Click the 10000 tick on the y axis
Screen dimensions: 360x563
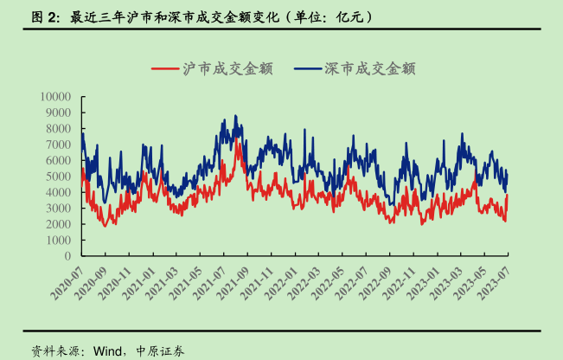pos(58,96)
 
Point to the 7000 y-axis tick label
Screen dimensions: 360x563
pos(61,145)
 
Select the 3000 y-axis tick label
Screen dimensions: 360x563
pos(61,208)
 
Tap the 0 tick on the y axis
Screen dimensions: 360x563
pos(71,256)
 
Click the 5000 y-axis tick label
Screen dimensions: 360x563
pos(61,176)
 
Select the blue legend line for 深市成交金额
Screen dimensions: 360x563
pos(307,68)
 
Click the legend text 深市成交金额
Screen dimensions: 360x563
pos(370,68)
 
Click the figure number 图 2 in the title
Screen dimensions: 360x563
pos(44,16)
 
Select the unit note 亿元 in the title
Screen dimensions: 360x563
pos(350,16)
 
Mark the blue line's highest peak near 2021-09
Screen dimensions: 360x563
pos(234,116)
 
